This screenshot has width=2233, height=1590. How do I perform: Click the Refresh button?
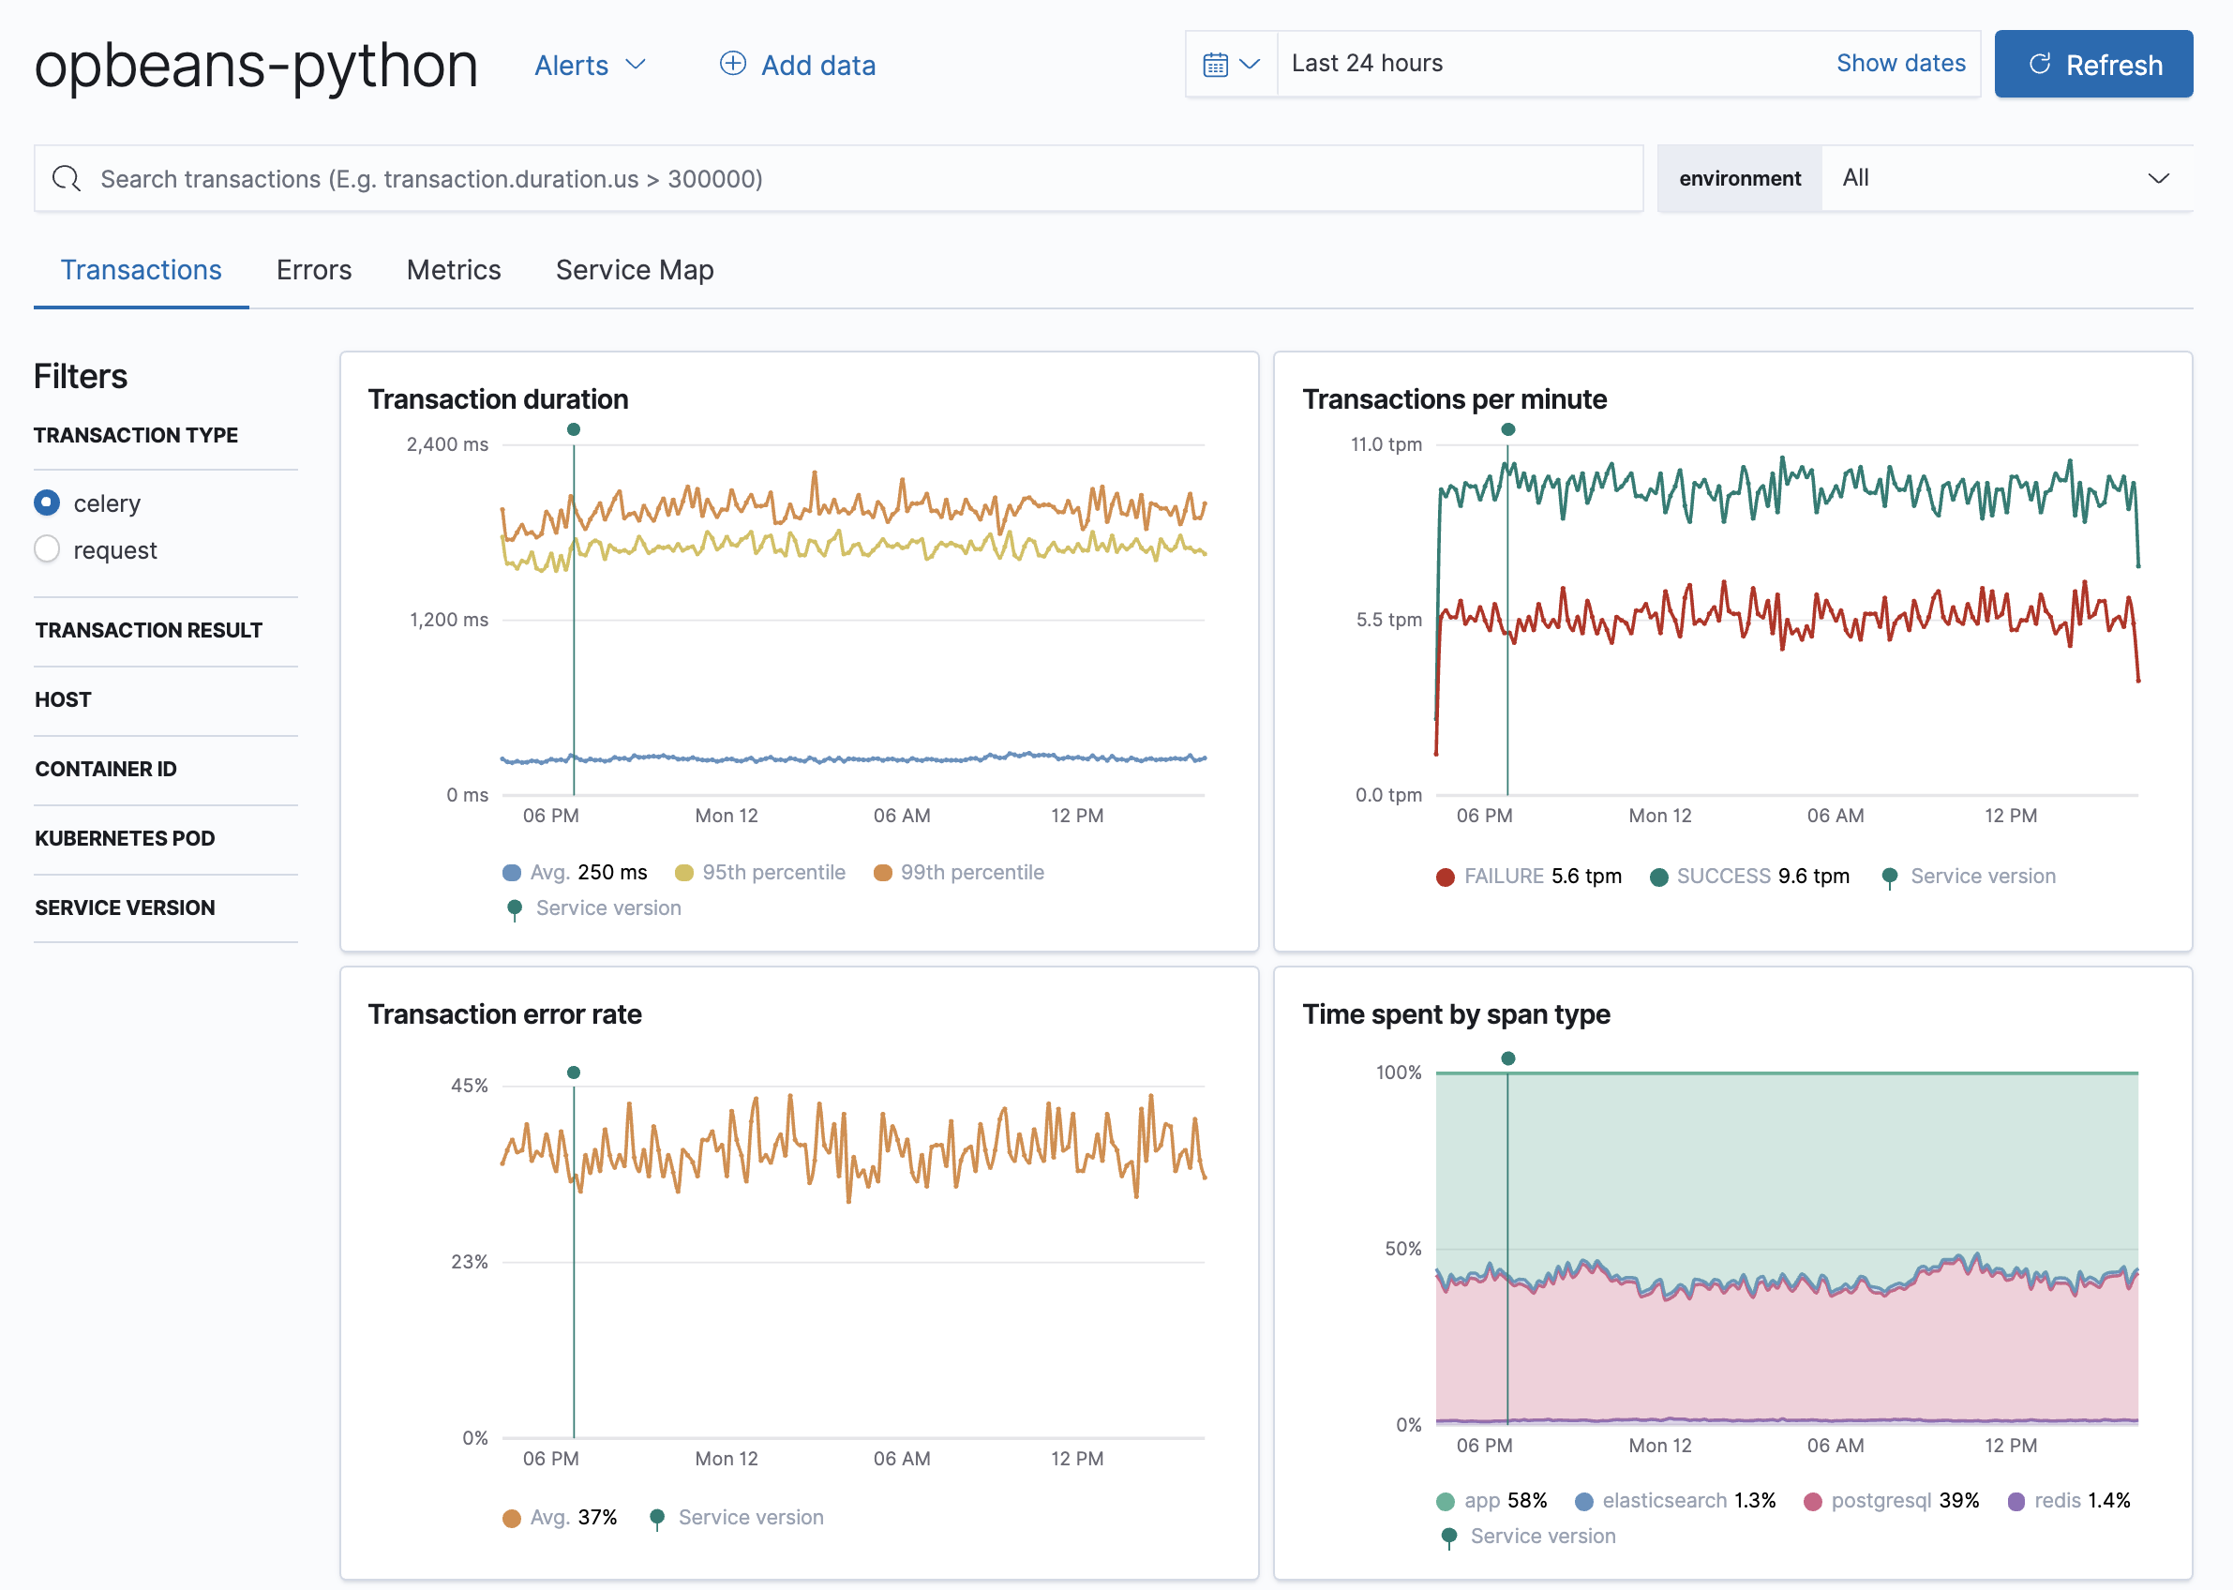click(x=2093, y=65)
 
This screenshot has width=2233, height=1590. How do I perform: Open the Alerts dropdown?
click(x=590, y=66)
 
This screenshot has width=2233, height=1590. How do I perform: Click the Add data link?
click(x=798, y=66)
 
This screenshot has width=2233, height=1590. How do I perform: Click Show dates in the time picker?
click(x=1900, y=64)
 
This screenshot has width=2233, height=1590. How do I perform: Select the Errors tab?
click(x=313, y=270)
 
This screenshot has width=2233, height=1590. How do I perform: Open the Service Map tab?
click(x=635, y=270)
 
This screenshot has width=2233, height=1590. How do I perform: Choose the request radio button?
click(x=47, y=549)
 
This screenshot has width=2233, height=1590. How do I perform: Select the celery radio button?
click(x=47, y=502)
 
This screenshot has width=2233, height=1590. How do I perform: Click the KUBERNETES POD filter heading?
click(x=126, y=839)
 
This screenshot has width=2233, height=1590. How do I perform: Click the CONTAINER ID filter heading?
click(x=106, y=770)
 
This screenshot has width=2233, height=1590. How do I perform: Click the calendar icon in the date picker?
click(x=1216, y=65)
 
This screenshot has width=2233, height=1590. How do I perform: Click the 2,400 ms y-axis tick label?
click(x=447, y=444)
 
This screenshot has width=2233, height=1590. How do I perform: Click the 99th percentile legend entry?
click(x=959, y=873)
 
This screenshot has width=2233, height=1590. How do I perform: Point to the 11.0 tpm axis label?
click(x=1386, y=444)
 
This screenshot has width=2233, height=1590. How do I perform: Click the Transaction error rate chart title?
click(x=504, y=1014)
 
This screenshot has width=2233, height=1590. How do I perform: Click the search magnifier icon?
click(x=67, y=178)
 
